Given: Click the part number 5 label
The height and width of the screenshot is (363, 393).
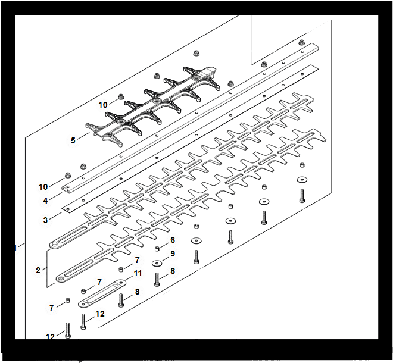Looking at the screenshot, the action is (73, 140).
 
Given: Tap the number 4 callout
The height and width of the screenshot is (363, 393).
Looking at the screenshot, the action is (45, 201).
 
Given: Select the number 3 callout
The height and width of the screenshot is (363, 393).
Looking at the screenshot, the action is (45, 220).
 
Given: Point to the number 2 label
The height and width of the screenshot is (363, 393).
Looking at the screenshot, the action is (38, 270).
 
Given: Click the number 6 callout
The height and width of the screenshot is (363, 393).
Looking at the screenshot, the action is (173, 240).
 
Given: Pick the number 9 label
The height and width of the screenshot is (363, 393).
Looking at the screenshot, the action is (173, 254).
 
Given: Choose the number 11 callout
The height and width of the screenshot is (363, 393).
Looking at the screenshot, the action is (138, 273).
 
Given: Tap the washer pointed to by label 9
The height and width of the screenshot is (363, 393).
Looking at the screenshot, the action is (157, 263).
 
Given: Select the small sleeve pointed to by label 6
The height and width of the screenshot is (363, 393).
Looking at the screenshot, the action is (157, 249).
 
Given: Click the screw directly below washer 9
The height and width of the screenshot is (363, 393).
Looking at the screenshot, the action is (157, 280).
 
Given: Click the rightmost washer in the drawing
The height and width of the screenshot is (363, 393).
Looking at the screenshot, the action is (302, 180).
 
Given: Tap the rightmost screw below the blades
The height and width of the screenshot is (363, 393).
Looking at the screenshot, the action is (302, 196).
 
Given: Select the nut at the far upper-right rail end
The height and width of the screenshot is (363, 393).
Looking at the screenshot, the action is (302, 42).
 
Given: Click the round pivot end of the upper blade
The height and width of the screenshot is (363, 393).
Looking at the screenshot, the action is (54, 244).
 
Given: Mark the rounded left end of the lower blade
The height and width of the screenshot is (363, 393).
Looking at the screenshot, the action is (60, 278).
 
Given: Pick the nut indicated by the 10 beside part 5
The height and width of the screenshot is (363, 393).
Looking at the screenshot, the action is (121, 96).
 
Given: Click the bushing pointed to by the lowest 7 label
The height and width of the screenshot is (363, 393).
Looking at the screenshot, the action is (67, 300).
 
